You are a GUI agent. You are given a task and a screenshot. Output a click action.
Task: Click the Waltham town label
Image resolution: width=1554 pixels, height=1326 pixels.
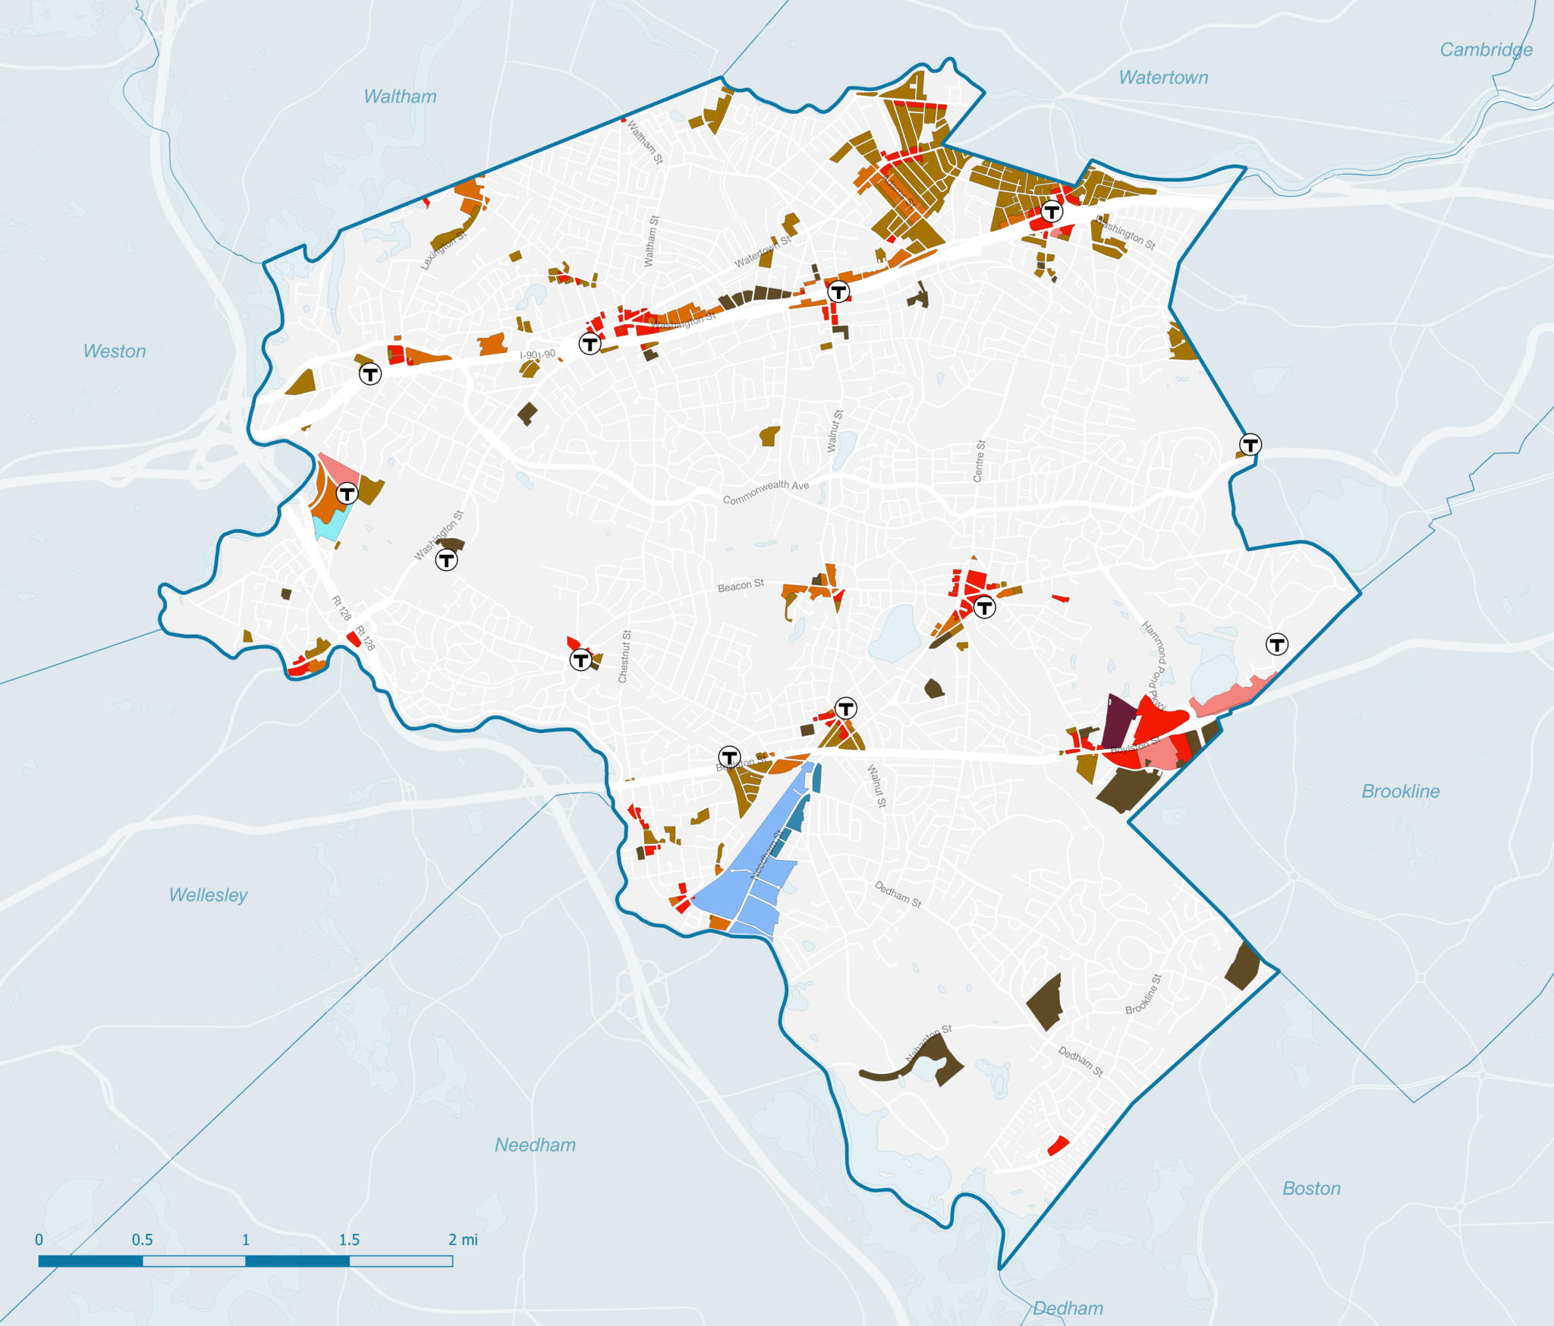click(x=400, y=96)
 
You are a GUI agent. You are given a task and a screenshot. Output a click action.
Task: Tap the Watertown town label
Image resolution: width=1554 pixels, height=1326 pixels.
click(x=1163, y=77)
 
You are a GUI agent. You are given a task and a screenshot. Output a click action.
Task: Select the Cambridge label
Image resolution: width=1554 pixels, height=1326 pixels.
click(x=1486, y=50)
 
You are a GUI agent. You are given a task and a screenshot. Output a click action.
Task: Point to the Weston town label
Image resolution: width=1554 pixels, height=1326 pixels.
click(x=115, y=351)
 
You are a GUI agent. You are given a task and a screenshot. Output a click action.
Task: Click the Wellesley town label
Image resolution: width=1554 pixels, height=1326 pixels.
click(x=209, y=895)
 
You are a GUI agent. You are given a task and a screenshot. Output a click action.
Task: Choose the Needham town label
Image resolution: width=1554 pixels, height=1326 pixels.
click(x=535, y=1145)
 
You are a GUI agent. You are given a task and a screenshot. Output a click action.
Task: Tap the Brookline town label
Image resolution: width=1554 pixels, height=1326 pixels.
click(x=1400, y=791)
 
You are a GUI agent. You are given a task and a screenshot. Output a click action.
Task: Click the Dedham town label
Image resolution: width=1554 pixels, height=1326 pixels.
click(x=1068, y=1308)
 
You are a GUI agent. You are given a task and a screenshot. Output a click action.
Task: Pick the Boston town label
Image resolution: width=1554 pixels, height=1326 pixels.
click(x=1311, y=1188)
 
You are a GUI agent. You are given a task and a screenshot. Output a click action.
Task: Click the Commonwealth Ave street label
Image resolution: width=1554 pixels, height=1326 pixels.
click(x=766, y=492)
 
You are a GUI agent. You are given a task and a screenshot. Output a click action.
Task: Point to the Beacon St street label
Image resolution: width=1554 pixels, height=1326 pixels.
click(x=741, y=586)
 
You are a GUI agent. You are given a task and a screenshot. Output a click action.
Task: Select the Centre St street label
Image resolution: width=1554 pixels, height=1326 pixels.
click(x=979, y=461)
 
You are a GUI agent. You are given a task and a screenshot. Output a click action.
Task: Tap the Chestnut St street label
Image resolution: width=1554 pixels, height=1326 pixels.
click(x=624, y=657)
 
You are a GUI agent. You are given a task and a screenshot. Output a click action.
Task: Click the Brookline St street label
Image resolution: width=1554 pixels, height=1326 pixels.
click(x=1143, y=994)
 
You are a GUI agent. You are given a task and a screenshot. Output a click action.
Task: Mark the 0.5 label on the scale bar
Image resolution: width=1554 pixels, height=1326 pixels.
click(x=142, y=1239)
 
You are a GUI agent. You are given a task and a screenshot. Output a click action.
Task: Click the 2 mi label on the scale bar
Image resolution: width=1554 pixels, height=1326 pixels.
click(x=463, y=1239)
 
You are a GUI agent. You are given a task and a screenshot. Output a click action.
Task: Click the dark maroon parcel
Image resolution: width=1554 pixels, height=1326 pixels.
click(x=1116, y=720)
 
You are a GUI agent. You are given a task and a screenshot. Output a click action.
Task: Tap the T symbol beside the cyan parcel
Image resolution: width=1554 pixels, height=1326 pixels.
click(x=347, y=494)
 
